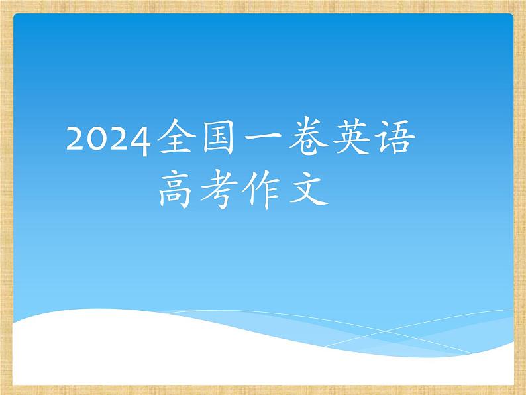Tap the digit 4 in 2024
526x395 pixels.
(x=140, y=141)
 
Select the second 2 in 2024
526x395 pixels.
(x=119, y=139)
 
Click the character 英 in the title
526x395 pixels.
(x=351, y=138)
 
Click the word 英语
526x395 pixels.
(x=373, y=138)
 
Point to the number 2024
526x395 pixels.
(x=108, y=139)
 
